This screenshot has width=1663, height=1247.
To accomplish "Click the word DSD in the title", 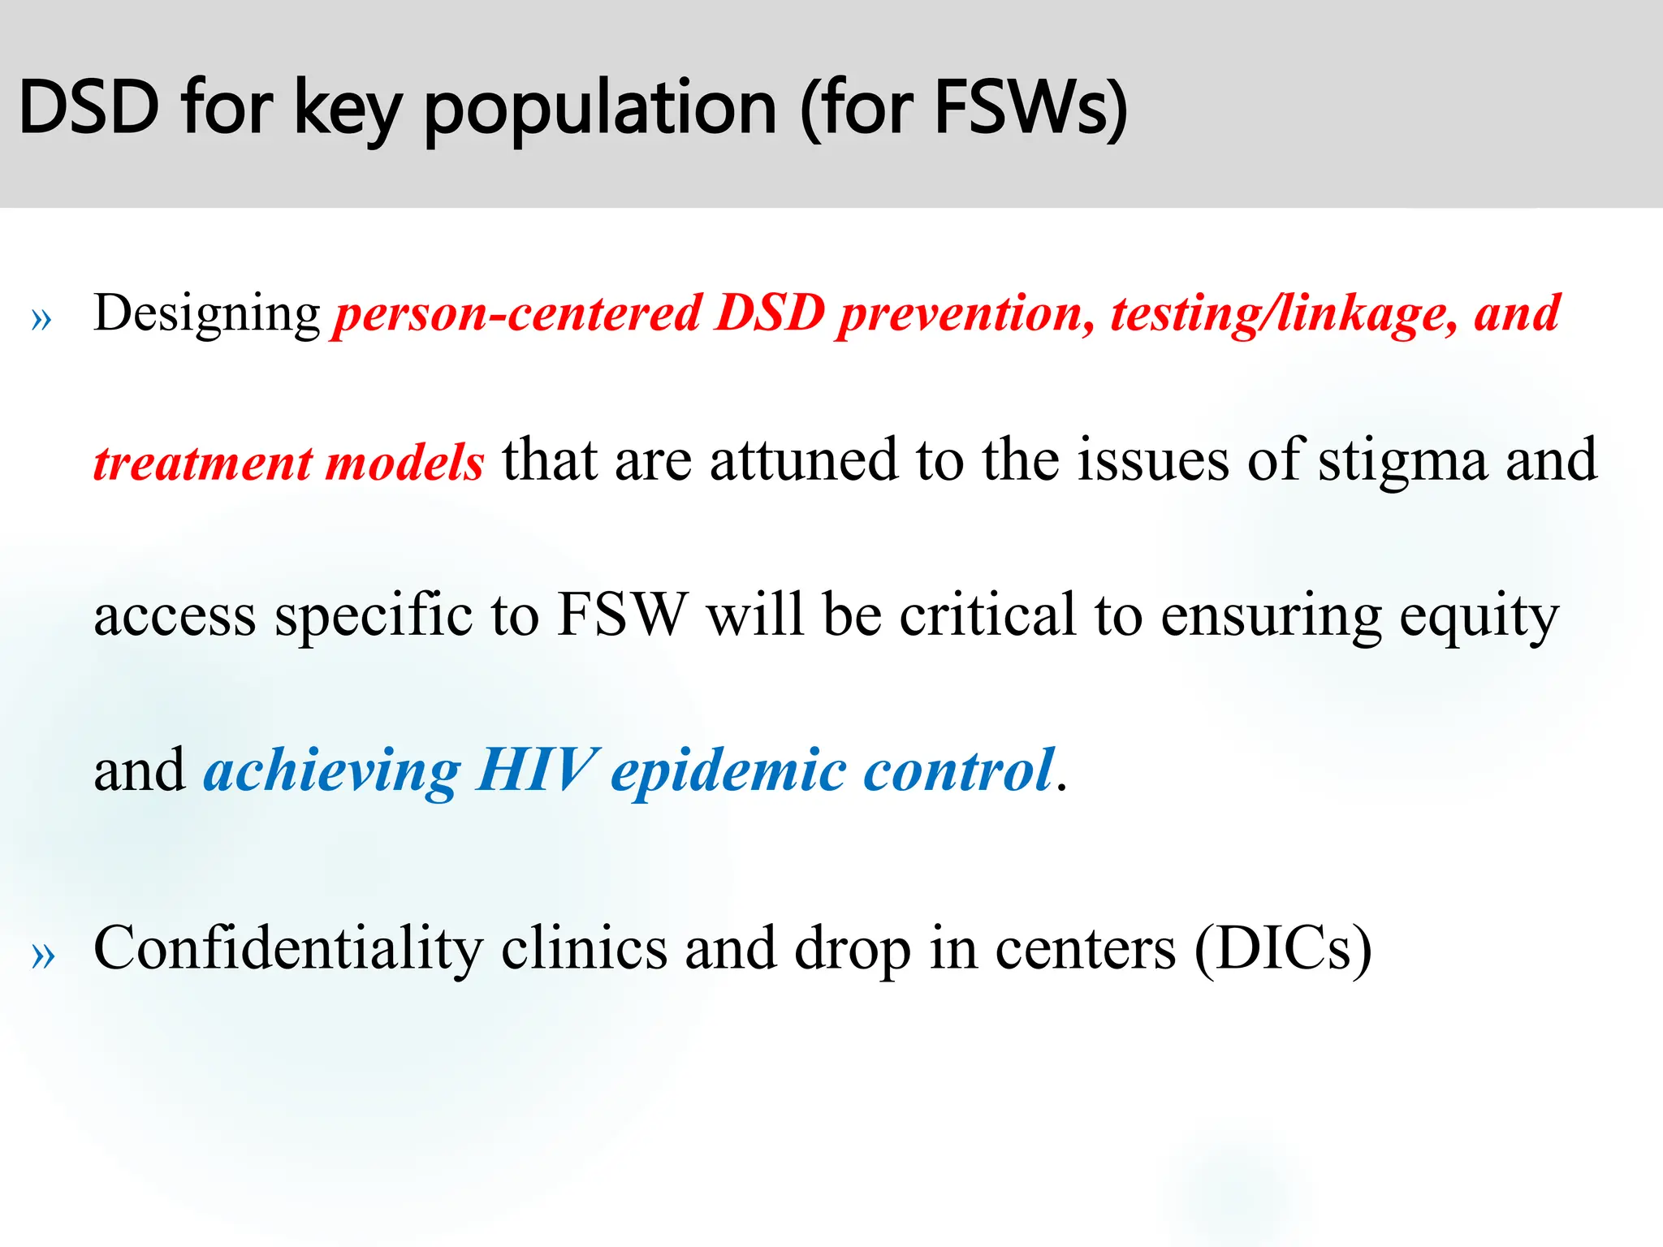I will coord(89,107).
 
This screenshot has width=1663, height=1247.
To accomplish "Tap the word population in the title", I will coord(600,110).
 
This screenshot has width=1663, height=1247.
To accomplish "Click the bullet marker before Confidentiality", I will coord(41,956).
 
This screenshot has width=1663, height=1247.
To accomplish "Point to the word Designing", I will coord(207,314).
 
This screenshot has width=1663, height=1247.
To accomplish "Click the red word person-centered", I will coord(517,314).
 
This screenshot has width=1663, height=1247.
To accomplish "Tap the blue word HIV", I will coord(537,770).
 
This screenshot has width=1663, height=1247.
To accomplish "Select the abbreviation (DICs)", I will coord(1283,948).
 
